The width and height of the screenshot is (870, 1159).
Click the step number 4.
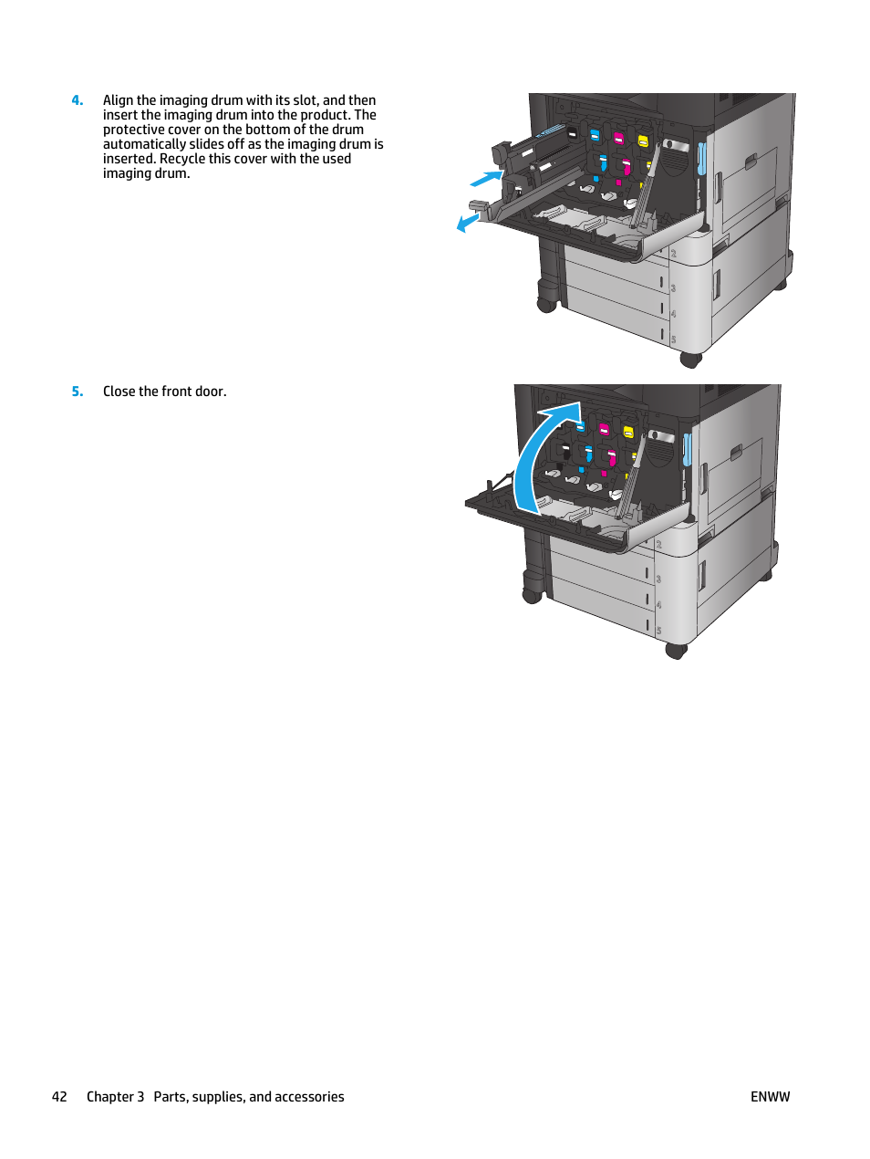77,100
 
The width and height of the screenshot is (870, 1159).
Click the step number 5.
77,392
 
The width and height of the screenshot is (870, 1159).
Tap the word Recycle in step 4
182,159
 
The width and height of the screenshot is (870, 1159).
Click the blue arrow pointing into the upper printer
486,179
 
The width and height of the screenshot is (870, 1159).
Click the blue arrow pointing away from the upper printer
468,223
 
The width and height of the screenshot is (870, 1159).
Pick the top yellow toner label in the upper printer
643,141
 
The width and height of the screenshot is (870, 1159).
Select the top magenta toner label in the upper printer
618,139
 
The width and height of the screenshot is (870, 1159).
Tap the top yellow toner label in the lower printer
627,432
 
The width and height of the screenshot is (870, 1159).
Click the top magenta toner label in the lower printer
604,429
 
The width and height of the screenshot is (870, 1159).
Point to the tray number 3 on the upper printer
673,288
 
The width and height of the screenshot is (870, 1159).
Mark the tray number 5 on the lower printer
658,630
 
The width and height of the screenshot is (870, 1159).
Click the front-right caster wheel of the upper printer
690,360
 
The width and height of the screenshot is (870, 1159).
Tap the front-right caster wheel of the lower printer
676,651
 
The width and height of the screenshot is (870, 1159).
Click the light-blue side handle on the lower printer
687,449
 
